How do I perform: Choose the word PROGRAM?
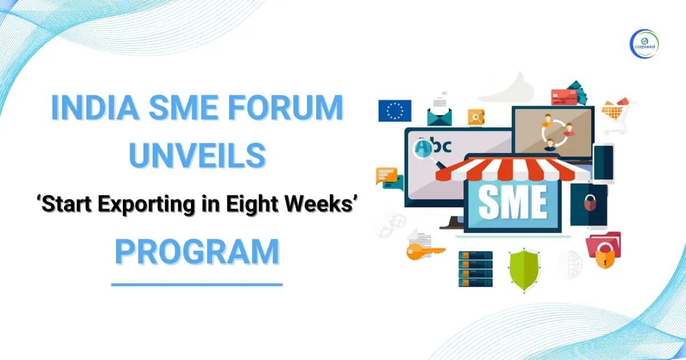pyautogui.click(x=197, y=252)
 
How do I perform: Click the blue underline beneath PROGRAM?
pyautogui.click(x=197, y=284)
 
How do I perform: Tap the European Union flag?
pyautogui.click(x=394, y=110)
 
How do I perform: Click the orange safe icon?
pyautogui.click(x=476, y=117)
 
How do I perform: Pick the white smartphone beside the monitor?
pyautogui.click(x=603, y=163)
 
